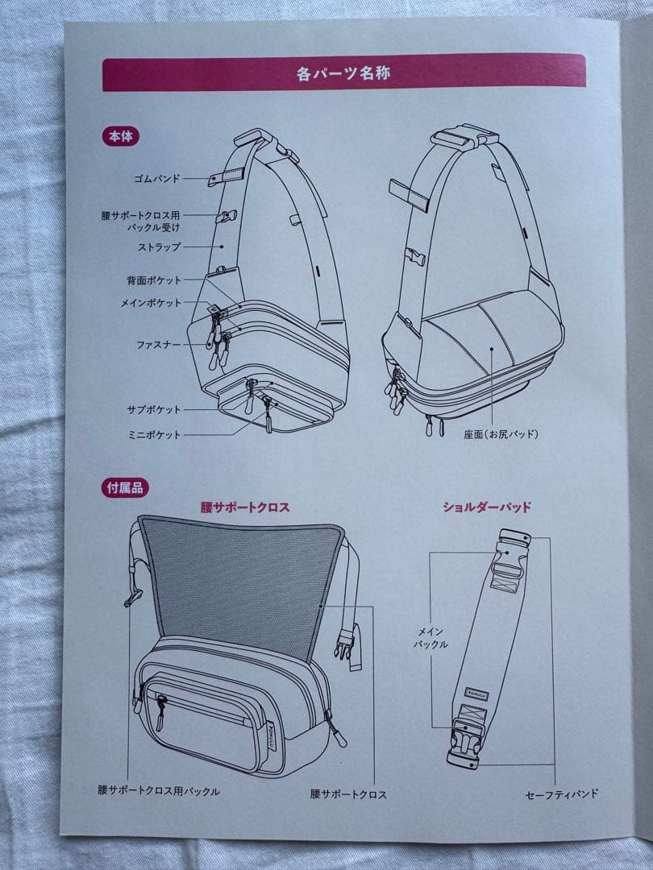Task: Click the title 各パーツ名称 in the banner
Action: click(x=344, y=73)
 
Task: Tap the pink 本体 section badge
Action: click(x=121, y=136)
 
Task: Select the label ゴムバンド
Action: click(x=157, y=178)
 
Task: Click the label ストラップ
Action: click(x=159, y=246)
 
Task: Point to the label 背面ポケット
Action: click(x=154, y=280)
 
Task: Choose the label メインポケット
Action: click(x=151, y=303)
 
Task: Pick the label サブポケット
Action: click(x=154, y=409)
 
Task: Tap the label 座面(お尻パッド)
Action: click(x=500, y=434)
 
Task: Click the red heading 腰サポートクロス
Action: click(x=245, y=507)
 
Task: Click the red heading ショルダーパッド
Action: click(x=486, y=507)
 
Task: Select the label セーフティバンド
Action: click(x=562, y=793)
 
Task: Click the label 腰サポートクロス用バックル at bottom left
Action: click(x=159, y=791)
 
